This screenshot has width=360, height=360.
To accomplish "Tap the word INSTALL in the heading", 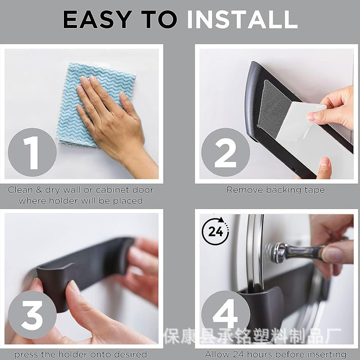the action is pos(242,19).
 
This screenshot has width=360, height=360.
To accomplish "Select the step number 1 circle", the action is pos(32,152).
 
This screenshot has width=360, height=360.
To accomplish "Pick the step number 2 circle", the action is pos(225,152).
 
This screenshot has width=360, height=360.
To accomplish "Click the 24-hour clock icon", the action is pos(216,231).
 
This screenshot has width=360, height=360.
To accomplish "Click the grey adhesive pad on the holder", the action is pos(273,108).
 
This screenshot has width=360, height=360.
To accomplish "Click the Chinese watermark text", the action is pos(252,336).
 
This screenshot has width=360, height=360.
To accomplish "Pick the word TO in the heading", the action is pos(159,19).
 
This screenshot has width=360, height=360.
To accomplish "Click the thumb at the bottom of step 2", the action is pos(324,167).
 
